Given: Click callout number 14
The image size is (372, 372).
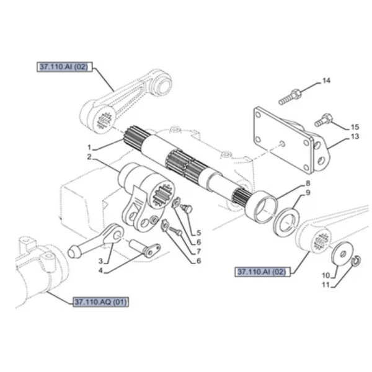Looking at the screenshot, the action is point(327,81).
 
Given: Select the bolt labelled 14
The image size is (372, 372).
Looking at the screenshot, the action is point(290,97).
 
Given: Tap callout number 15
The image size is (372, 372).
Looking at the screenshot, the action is point(355,127).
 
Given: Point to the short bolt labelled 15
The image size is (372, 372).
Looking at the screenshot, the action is point(324,120).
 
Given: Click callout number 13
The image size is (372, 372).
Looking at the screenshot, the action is point(355,136).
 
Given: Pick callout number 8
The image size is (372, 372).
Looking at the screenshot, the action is point(308,183).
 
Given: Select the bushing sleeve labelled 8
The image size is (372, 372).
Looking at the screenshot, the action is point(261,206).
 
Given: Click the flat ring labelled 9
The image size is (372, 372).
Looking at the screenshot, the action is point(286,222).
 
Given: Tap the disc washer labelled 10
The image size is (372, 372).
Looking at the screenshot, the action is point(342,254).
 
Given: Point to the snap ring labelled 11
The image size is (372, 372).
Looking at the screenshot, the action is point(356,261).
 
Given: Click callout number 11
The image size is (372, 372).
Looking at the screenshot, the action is point(326,285).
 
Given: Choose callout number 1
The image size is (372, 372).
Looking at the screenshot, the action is point(89,148).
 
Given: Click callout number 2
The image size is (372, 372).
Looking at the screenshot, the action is point(89,157).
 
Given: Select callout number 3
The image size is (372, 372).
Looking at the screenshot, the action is point(101,261).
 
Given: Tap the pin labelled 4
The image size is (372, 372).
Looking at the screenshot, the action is point(144,249).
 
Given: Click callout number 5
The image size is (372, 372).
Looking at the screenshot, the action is point(199,233).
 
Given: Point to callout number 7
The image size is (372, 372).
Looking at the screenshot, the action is point(199,251).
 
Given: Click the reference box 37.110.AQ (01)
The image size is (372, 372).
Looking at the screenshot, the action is point(101,302).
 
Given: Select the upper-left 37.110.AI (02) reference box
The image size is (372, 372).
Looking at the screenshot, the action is point(64,67).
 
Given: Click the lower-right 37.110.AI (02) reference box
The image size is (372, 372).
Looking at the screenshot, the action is point(262,272).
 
